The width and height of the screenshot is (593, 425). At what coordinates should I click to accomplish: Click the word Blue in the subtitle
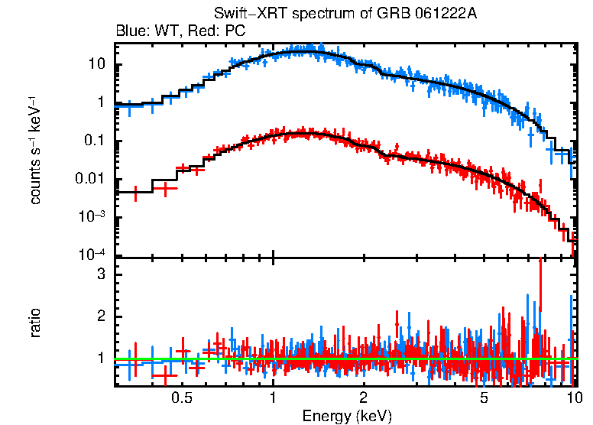(x=129, y=31)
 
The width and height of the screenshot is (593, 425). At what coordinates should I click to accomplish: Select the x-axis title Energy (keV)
(x=347, y=416)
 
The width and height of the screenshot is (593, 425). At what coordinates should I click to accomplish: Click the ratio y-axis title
(x=35, y=323)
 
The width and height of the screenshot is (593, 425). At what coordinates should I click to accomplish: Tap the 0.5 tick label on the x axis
(x=181, y=398)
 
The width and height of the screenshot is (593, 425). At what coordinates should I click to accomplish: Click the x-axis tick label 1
(x=273, y=398)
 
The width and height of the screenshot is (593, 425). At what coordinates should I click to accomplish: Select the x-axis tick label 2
(x=364, y=398)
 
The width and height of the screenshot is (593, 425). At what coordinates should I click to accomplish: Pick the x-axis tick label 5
(x=484, y=398)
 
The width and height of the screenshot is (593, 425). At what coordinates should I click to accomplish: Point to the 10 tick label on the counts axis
(x=96, y=64)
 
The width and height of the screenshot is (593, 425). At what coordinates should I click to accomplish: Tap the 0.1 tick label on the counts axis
(x=93, y=141)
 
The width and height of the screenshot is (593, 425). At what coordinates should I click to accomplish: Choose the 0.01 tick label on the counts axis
(x=90, y=180)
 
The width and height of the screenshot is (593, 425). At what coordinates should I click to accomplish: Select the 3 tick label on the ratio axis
(x=100, y=274)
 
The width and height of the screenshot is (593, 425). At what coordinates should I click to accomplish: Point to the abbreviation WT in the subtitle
(x=162, y=31)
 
